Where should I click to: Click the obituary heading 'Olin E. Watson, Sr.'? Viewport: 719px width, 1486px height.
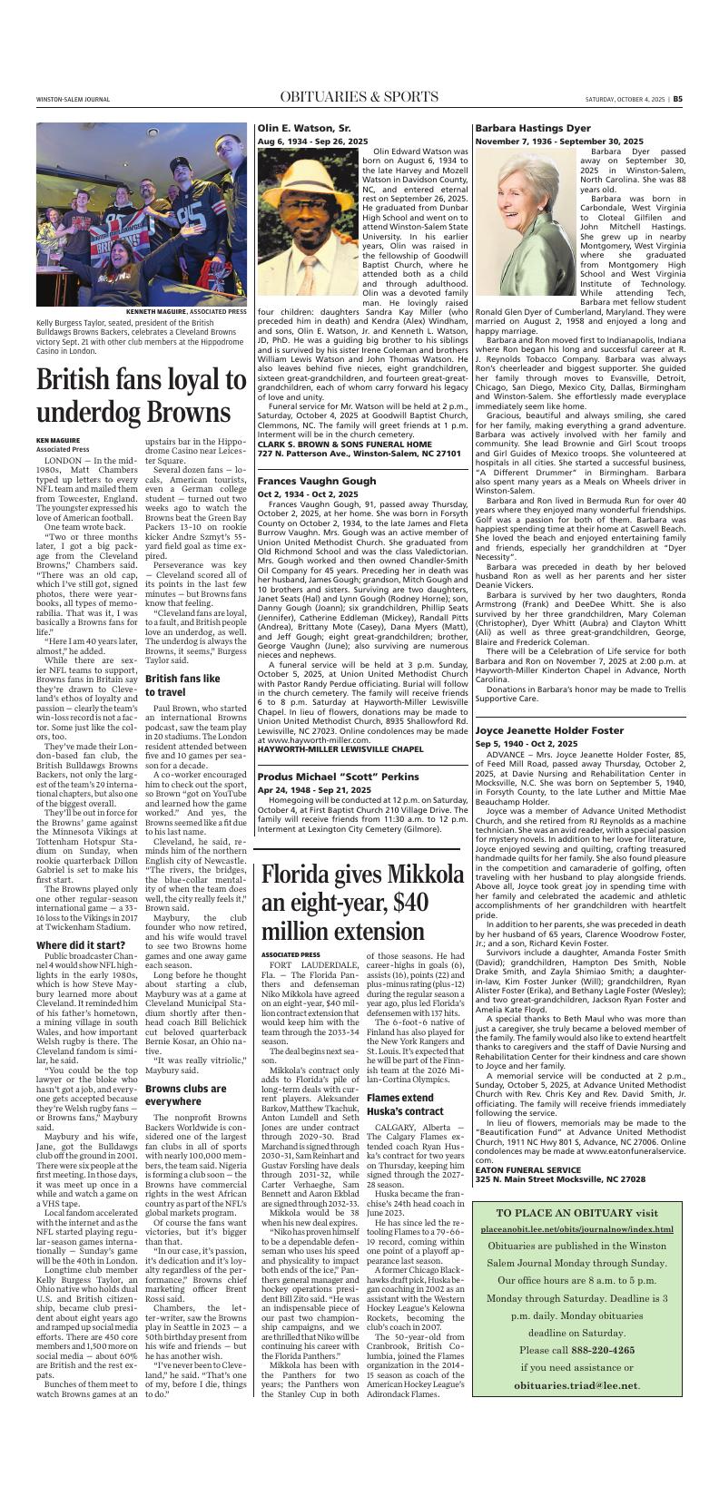coord(304,129)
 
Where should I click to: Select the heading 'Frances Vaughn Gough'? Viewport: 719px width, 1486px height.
coord(315,480)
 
